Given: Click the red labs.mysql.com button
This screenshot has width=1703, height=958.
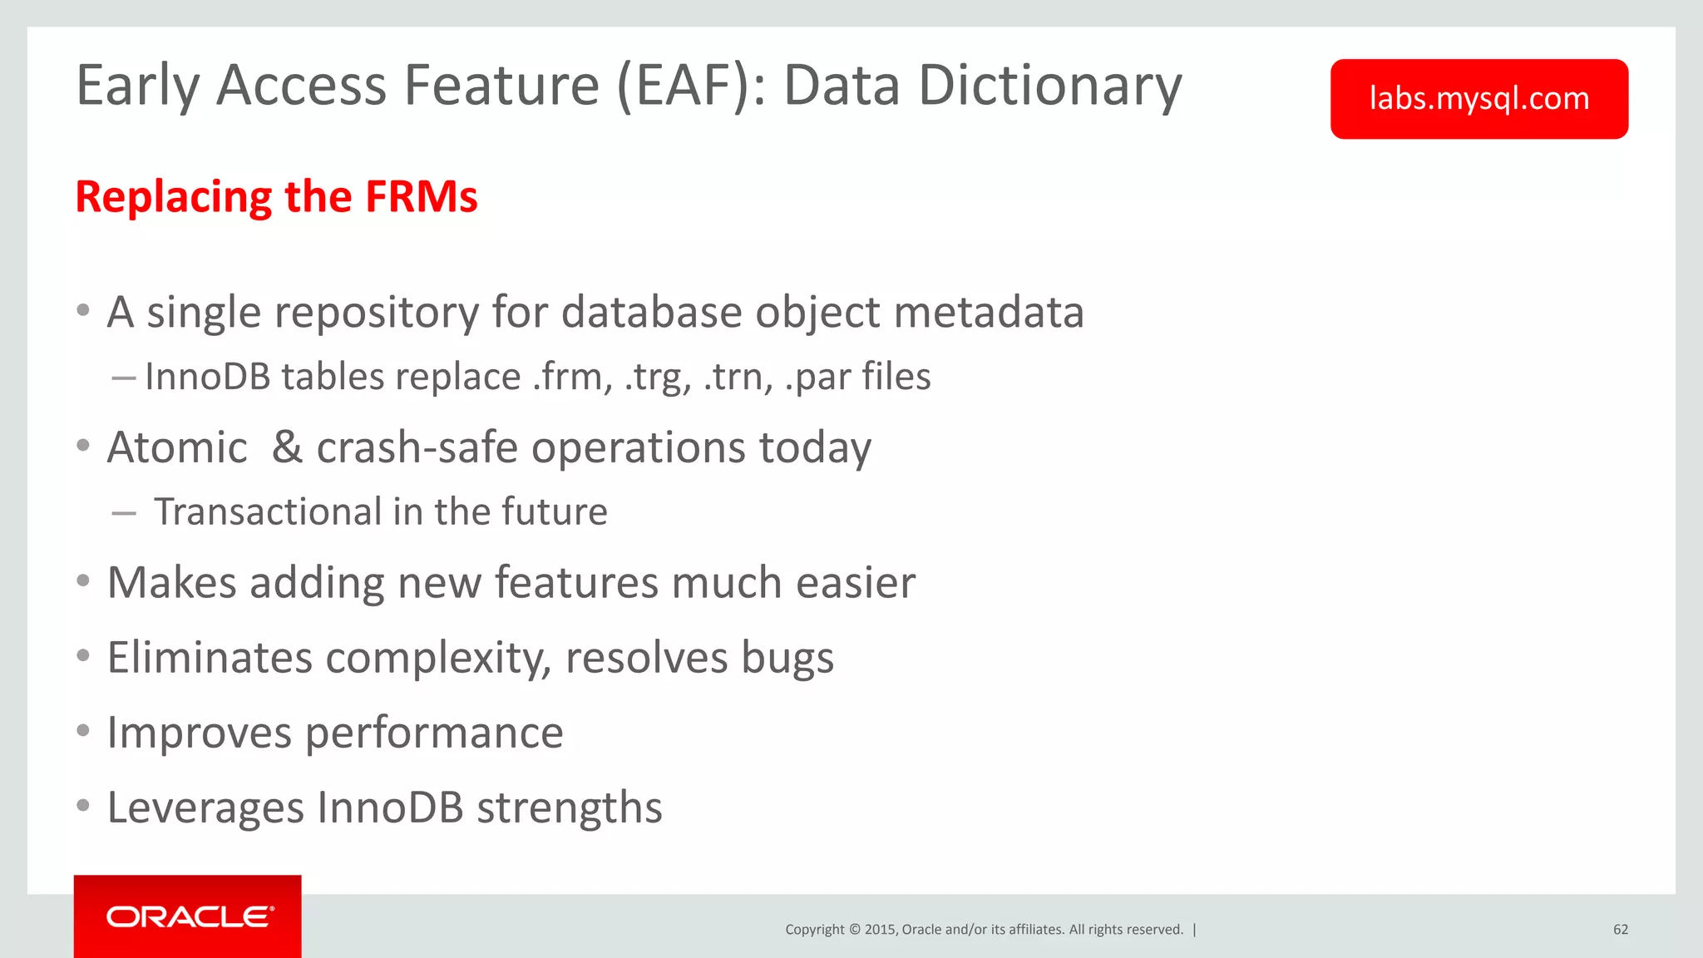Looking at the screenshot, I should (1478, 99).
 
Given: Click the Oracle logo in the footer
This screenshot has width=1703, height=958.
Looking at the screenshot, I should (190, 916).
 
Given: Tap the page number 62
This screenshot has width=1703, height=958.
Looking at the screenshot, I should (1620, 930).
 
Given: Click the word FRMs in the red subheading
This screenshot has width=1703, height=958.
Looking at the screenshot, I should (421, 197).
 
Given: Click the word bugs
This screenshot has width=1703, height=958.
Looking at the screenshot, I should (787, 659).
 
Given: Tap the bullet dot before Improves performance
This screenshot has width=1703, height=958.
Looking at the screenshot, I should (83, 731).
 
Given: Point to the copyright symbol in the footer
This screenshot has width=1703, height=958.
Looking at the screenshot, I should (853, 930).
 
